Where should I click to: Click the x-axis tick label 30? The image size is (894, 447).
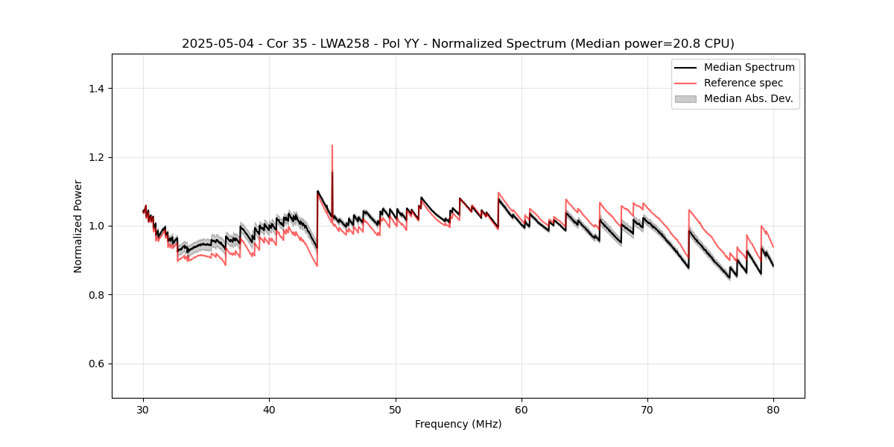(144, 410)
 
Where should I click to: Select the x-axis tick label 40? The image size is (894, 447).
(270, 410)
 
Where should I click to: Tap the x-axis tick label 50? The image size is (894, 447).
(396, 410)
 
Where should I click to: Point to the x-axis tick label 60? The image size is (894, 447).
(521, 410)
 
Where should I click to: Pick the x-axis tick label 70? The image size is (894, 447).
(647, 410)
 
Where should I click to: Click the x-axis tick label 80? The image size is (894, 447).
(773, 410)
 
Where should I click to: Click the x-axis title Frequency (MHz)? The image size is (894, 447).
(458, 424)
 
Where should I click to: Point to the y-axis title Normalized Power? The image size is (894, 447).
(78, 226)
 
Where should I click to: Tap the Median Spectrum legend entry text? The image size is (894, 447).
(749, 67)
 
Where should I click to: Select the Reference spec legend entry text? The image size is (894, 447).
(744, 83)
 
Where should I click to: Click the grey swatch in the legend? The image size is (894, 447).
(685, 98)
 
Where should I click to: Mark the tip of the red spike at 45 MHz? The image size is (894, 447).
(332, 145)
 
